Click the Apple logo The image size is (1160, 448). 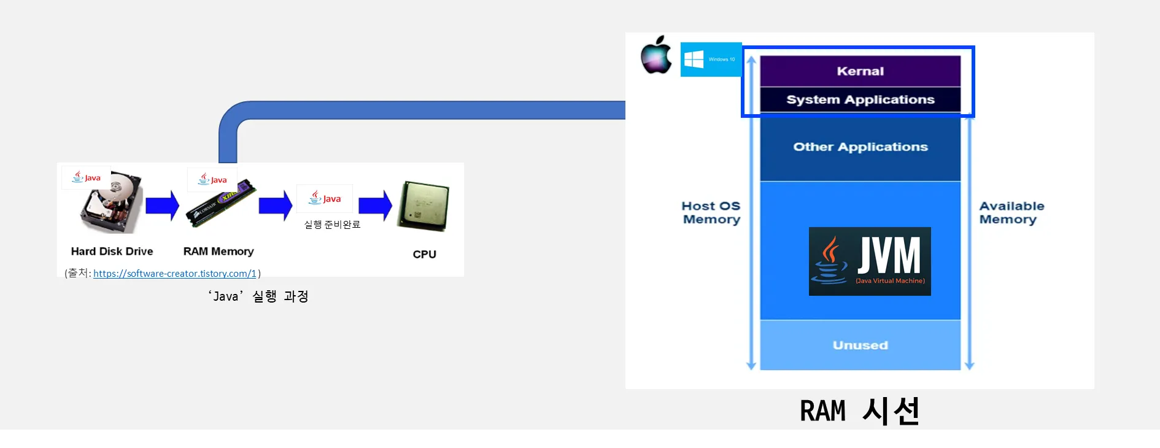pyautogui.click(x=656, y=55)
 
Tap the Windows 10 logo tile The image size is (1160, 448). pyautogui.click(x=711, y=60)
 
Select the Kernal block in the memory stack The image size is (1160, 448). pyautogui.click(x=860, y=71)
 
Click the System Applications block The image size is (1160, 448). pyautogui.click(x=860, y=99)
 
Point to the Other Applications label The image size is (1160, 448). pyautogui.click(x=860, y=147)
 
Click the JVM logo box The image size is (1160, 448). pyautogui.click(x=870, y=261)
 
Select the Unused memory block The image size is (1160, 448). pyautogui.click(x=860, y=345)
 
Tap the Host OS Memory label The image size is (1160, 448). pyautogui.click(x=711, y=212)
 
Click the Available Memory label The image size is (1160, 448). pyautogui.click(x=1011, y=212)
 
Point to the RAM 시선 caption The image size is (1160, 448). pyautogui.click(x=859, y=411)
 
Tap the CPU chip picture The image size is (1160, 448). pyautogui.click(x=423, y=206)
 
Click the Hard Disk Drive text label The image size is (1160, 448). pyautogui.click(x=112, y=251)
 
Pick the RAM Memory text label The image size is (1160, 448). pyautogui.click(x=218, y=251)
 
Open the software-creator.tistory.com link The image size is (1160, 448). pyautogui.click(x=174, y=274)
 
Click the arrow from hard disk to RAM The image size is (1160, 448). pyautogui.click(x=162, y=206)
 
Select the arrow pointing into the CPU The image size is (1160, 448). pyautogui.click(x=375, y=206)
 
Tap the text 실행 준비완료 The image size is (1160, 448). pyautogui.click(x=332, y=225)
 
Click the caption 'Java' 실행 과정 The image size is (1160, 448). pyautogui.click(x=258, y=296)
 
